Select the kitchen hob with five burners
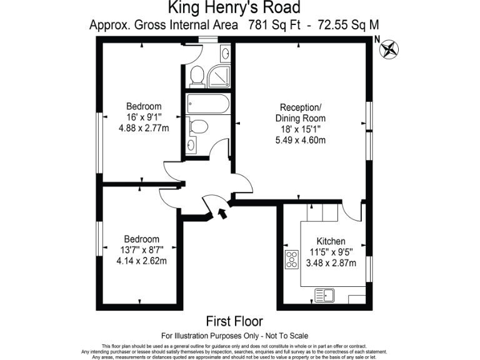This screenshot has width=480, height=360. [x=292, y=259]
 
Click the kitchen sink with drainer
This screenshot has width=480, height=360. [x=324, y=292]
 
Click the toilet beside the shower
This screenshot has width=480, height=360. [x=197, y=74]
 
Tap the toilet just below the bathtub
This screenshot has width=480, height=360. [x=199, y=127]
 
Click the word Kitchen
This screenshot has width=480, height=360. [x=331, y=241]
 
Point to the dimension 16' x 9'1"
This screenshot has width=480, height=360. [x=143, y=117]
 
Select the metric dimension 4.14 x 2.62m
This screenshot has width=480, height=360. [x=141, y=261]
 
